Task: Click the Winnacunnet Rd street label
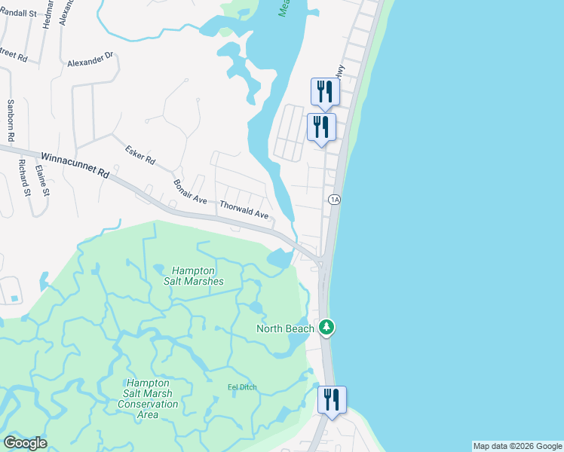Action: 75,164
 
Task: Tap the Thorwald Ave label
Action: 244,209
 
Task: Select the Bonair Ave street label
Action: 190,192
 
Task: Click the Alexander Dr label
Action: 90,60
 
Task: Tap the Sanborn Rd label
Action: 11,121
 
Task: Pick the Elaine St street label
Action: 46,182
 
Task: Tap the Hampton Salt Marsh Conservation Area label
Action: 148,399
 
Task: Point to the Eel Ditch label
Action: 242,387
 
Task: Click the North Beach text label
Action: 285,328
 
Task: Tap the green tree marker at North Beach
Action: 326,327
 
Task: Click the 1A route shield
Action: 335,199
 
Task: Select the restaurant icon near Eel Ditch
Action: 332,399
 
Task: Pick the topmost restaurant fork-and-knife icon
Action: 325,91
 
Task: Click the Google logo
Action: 25,443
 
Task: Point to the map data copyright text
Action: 516,446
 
